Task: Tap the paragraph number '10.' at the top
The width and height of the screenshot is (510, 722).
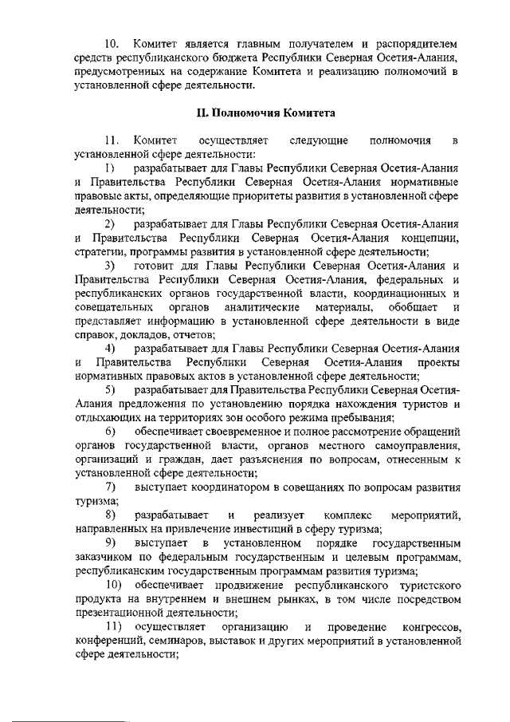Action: (x=116, y=41)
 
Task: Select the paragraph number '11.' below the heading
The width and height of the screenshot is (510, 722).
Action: (x=116, y=140)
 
